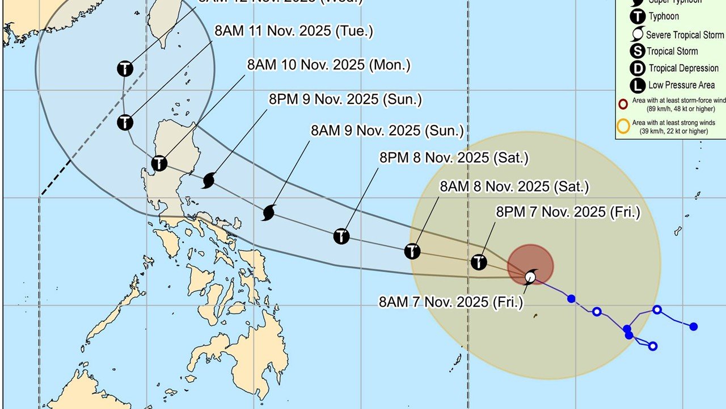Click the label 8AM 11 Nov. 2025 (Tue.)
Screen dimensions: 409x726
294,31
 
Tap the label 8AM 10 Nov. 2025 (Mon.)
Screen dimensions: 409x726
328,65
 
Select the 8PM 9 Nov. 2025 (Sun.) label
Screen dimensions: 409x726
345,99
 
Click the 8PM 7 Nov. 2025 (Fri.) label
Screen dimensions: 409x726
568,212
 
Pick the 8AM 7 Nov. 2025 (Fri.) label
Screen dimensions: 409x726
451,302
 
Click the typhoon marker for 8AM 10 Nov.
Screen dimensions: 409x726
160,164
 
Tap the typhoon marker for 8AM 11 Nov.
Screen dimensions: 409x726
125,122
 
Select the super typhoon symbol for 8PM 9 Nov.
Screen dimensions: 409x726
209,181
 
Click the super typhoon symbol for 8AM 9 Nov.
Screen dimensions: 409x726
269,213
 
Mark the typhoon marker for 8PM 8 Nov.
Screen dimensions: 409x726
341,236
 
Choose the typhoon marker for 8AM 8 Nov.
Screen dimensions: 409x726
412,251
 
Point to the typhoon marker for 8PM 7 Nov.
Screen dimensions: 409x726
479,262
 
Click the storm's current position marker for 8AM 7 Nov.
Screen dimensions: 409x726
530,276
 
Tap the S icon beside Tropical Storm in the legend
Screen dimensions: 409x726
638,51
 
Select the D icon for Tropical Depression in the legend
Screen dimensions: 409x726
638,68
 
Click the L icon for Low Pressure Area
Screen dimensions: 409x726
638,86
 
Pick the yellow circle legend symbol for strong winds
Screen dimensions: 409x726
623,125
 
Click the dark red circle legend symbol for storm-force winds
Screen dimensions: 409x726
623,104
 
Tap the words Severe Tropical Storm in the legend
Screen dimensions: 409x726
685,35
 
